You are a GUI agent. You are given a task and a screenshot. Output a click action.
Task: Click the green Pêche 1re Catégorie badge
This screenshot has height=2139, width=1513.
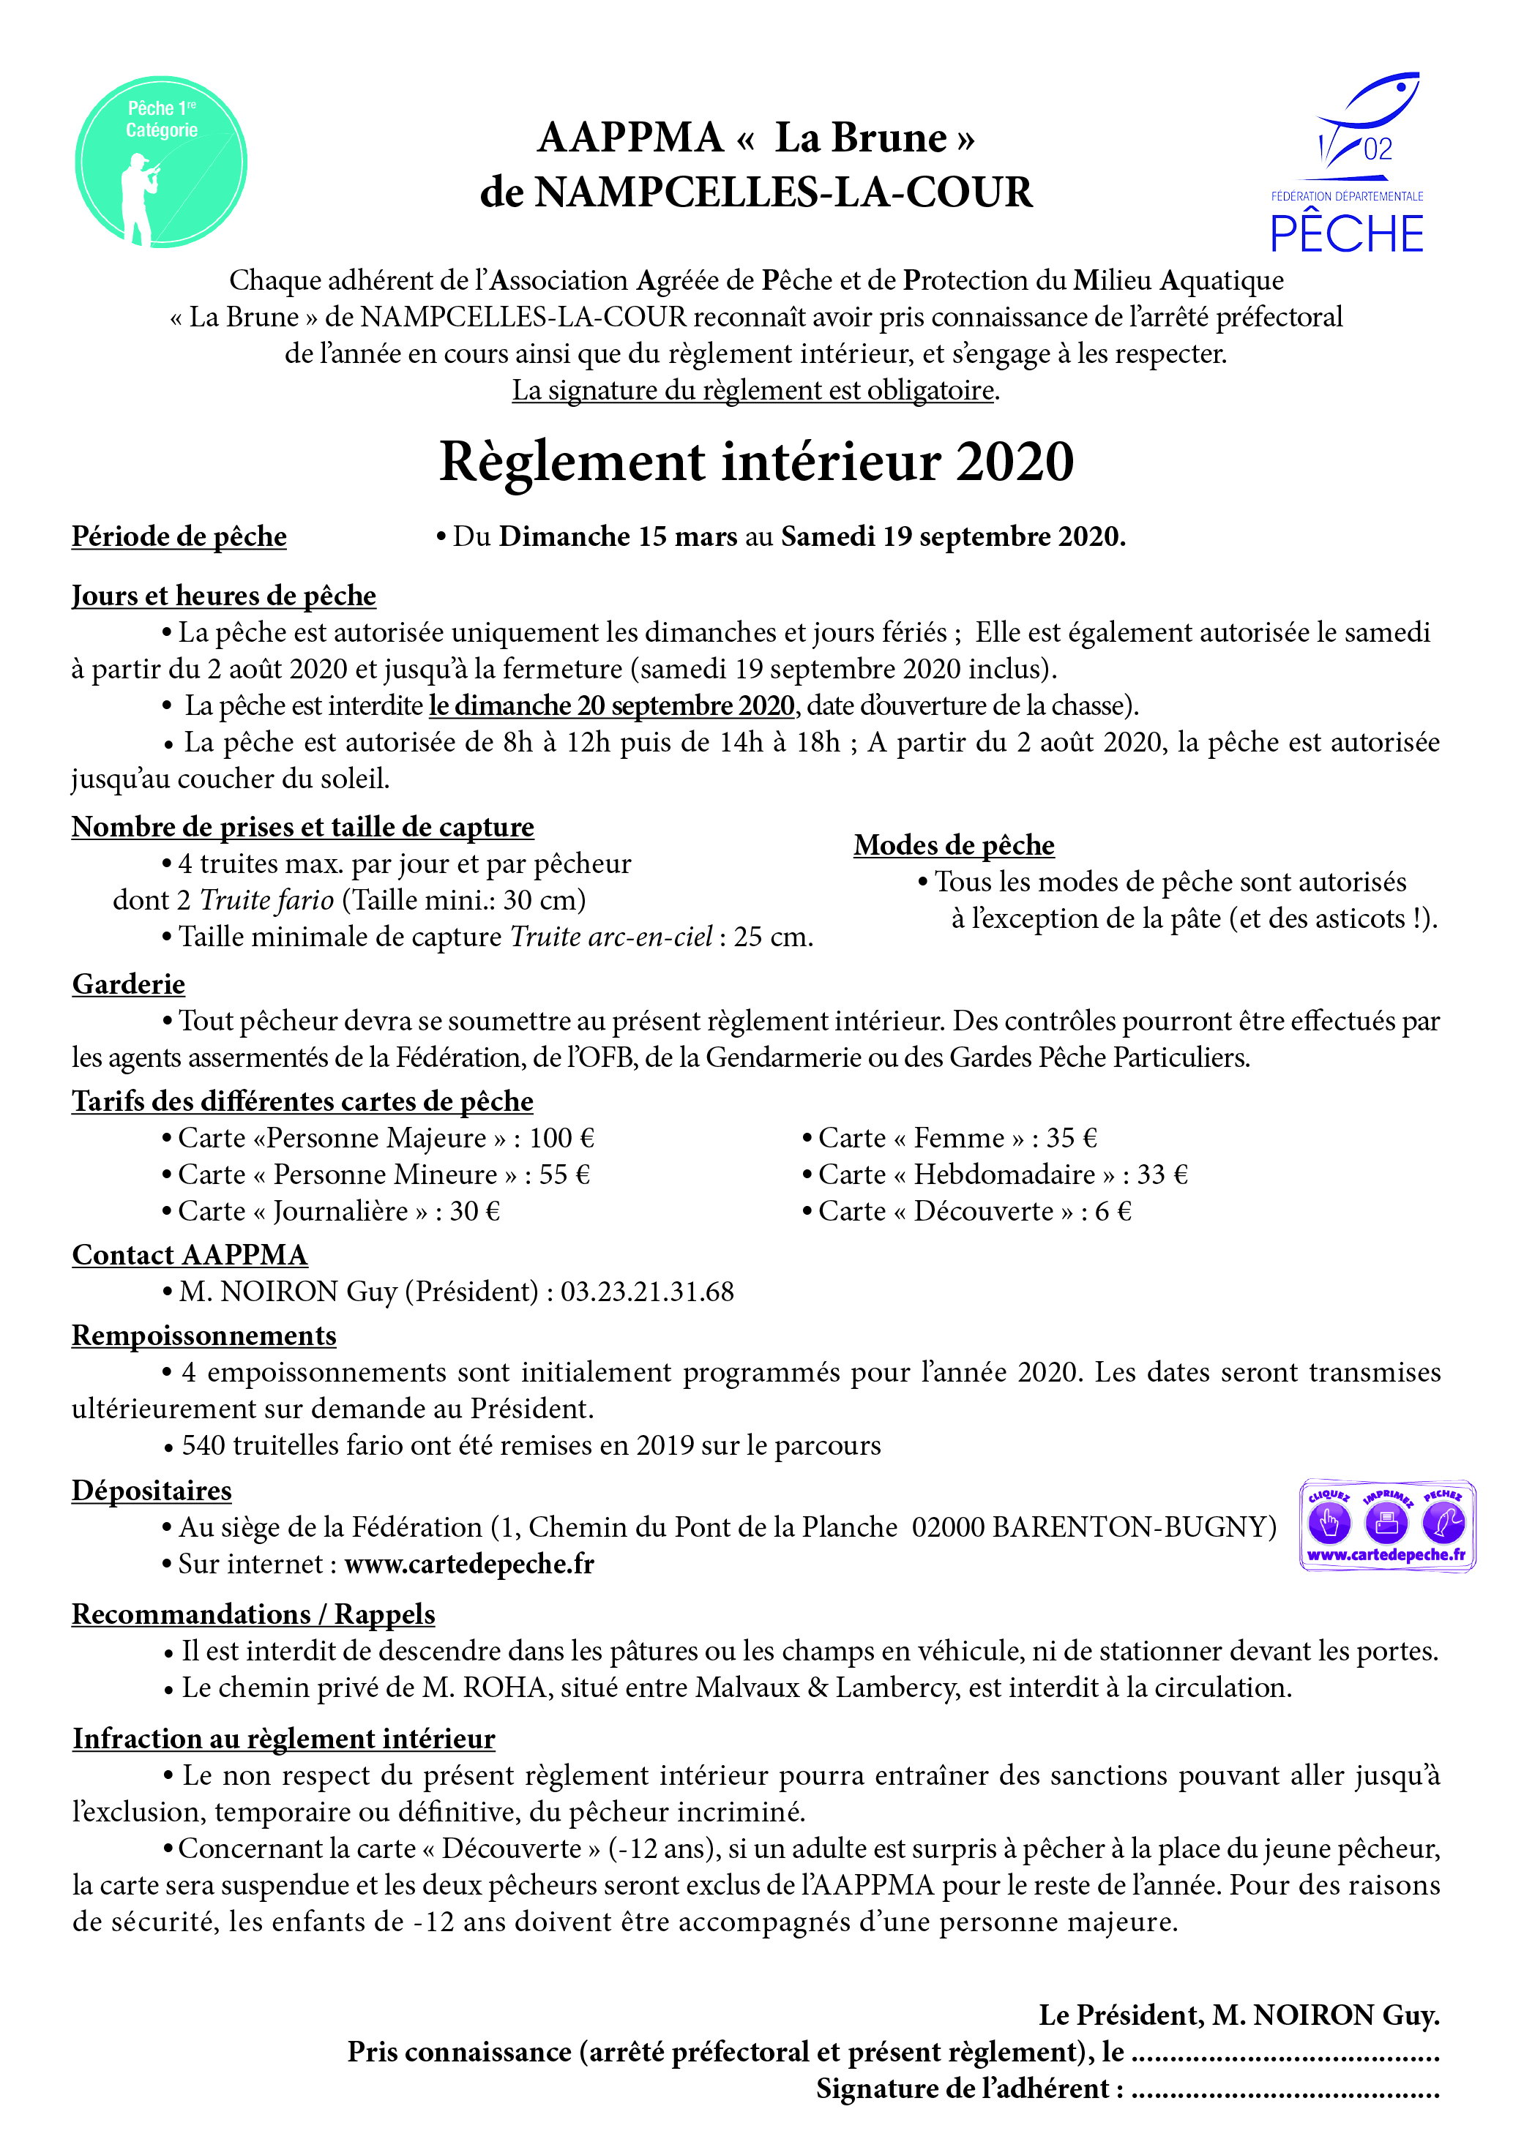click(161, 162)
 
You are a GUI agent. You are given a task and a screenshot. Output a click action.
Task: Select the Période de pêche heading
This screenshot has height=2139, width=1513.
click(179, 536)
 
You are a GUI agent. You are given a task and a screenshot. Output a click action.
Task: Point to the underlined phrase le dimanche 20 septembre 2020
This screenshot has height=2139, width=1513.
click(611, 705)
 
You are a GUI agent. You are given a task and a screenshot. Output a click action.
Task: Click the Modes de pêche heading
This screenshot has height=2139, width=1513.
click(954, 845)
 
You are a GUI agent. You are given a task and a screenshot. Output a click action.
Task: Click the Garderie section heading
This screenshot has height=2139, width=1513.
click(129, 985)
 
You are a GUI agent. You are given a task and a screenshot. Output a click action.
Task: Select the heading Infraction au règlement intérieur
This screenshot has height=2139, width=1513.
click(283, 1739)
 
